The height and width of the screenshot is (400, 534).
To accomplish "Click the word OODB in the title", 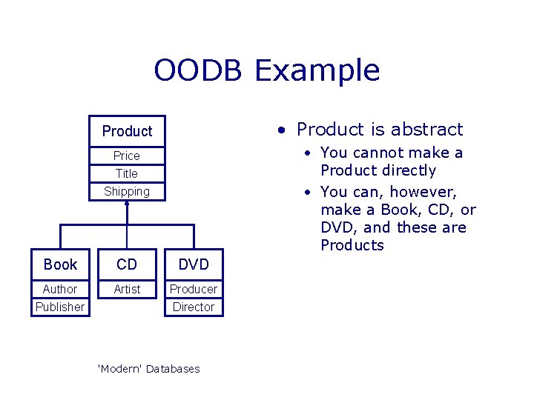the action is coord(198,70).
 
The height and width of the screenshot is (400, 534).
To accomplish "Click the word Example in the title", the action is coord(317,71).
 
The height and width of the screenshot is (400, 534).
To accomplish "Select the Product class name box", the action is coord(127,131).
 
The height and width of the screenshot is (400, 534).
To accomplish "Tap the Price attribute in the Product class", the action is coord(127,156).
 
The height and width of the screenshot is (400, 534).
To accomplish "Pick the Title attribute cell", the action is coord(127,173).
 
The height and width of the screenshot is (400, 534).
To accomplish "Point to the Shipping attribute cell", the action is coord(127,192).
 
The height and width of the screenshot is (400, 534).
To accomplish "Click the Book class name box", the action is coord(60,264).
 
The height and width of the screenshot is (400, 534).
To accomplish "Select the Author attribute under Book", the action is coord(60,289).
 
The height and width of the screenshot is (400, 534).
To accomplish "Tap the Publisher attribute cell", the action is coord(60,307).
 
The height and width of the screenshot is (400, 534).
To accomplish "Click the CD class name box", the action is coord(127,264).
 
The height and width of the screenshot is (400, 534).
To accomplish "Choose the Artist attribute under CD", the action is coord(127,290).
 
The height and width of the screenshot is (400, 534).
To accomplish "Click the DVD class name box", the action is coord(194,264).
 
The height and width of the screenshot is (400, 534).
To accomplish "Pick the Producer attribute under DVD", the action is coord(194,289).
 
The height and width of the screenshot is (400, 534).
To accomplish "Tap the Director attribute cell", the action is coord(194,307).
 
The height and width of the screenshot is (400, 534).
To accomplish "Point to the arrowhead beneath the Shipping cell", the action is coord(127,204).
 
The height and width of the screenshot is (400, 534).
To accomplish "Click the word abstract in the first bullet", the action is coord(426,129).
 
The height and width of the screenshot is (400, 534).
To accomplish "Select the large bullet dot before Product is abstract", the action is coord(281,130).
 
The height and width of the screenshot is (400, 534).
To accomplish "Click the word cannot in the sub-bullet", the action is coord(378,153).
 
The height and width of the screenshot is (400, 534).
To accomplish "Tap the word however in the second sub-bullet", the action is coord(423,192).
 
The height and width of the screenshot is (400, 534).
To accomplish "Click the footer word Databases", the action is coord(173,369).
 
